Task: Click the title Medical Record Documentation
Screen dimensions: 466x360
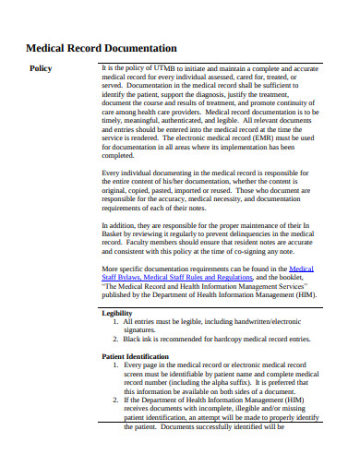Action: point(101,47)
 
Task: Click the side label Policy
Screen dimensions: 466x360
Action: point(42,69)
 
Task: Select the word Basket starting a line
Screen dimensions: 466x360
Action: point(114,233)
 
